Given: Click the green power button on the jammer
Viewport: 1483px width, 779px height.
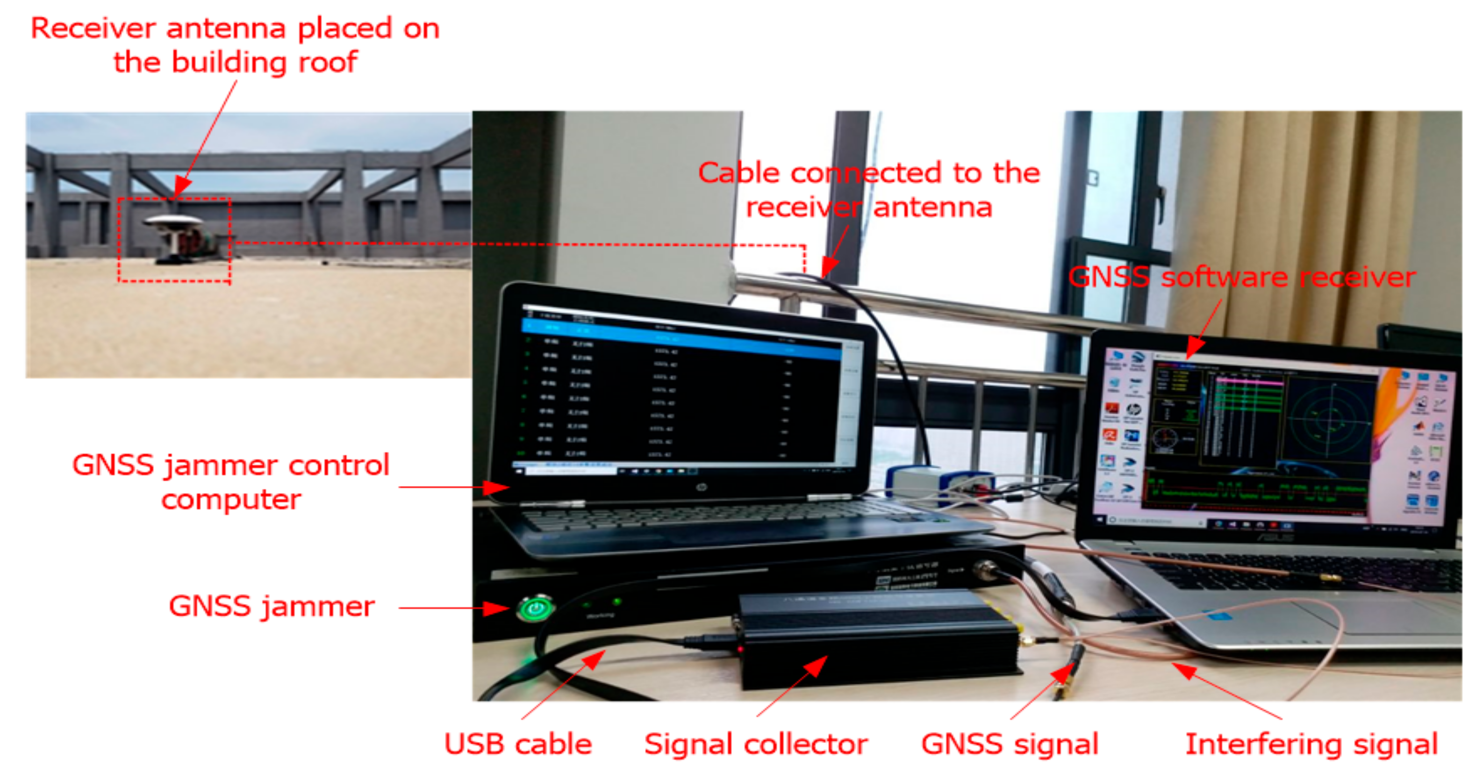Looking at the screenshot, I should [x=535, y=608].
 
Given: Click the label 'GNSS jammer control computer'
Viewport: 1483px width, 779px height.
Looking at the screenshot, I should [x=231, y=481].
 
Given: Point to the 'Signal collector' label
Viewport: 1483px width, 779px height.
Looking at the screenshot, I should [x=756, y=744].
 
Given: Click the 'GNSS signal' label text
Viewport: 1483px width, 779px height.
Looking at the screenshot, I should [x=1010, y=744].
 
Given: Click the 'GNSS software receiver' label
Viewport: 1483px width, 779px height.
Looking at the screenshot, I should [x=1242, y=278].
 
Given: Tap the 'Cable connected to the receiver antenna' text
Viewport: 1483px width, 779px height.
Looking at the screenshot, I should [x=869, y=190].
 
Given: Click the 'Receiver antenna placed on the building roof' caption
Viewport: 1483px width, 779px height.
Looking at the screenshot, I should [x=235, y=45].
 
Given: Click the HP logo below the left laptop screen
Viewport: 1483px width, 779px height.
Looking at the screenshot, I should [x=701, y=488].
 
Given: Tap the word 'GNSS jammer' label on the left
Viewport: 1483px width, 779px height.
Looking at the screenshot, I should [x=271, y=606].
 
